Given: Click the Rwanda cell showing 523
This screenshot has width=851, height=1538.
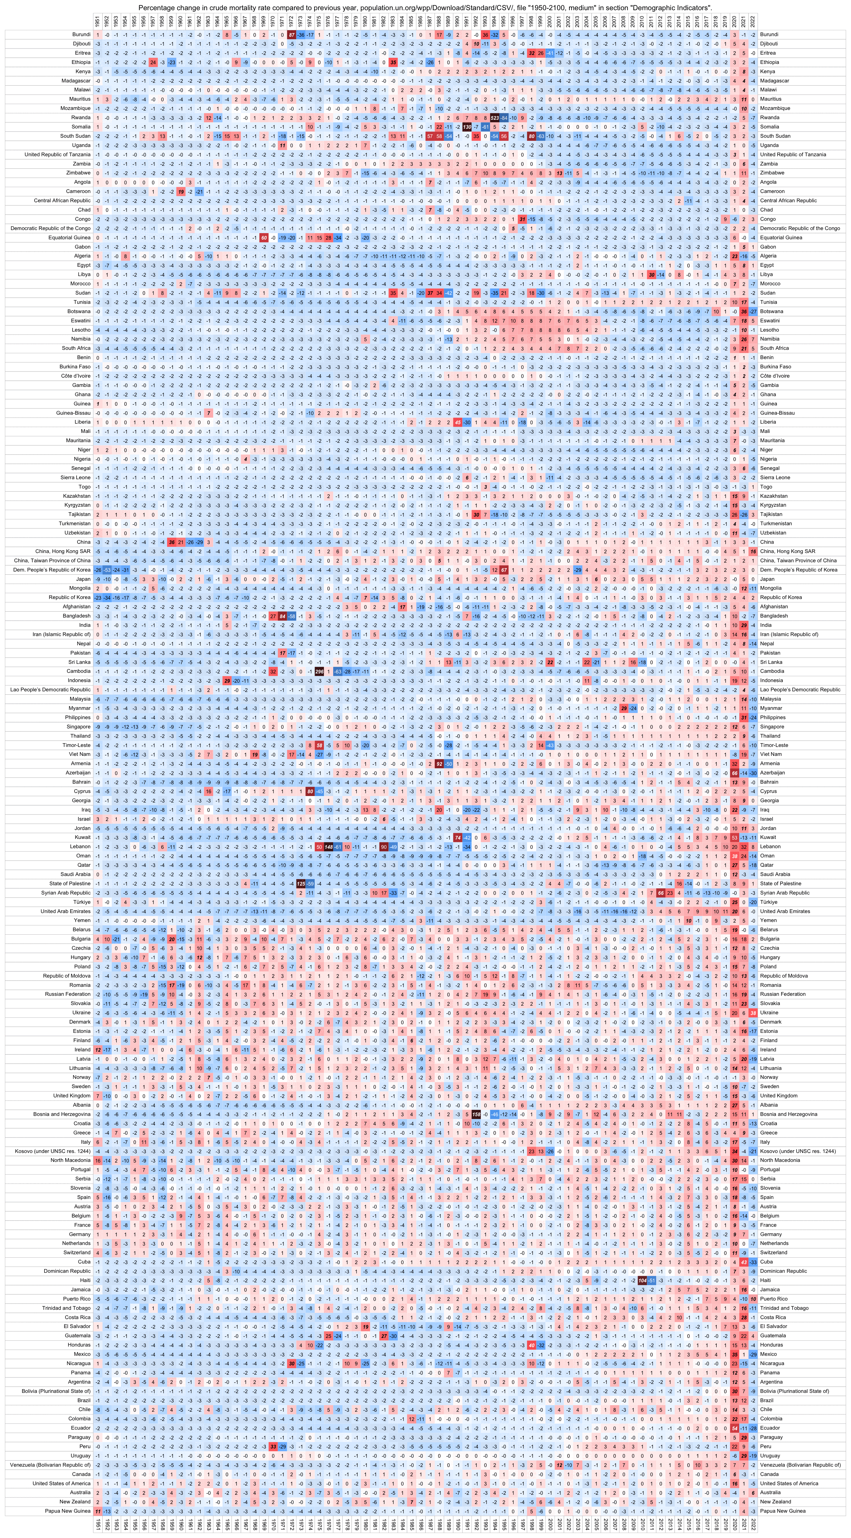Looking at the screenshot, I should [494, 118].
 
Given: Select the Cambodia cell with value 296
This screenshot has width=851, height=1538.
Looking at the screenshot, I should [319, 671].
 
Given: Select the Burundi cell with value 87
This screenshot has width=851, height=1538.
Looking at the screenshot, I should [291, 35].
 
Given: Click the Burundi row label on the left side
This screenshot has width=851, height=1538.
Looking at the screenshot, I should [81, 35].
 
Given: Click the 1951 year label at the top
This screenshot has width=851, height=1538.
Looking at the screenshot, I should [97, 22].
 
